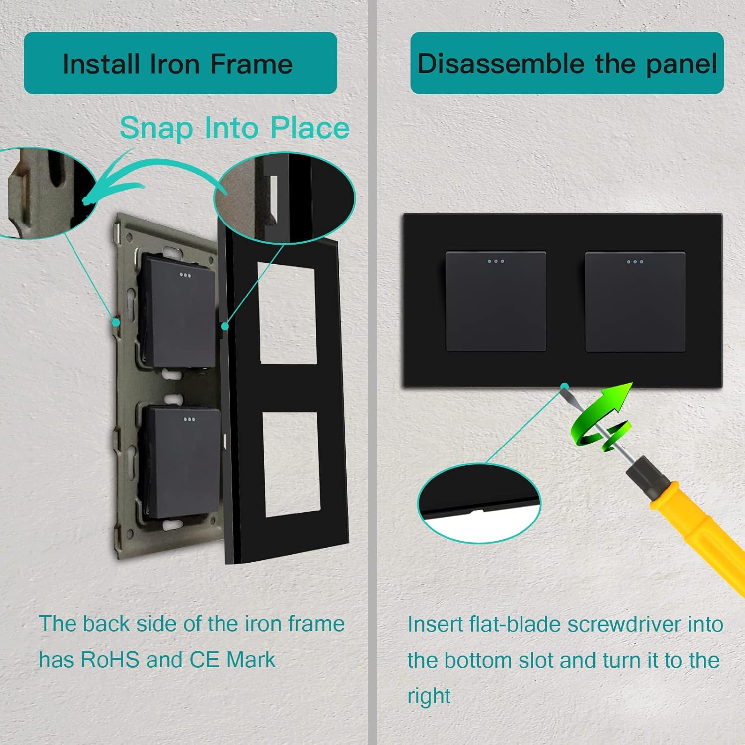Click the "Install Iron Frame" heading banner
(x=180, y=63)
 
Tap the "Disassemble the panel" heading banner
(x=567, y=63)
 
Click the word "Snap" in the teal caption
(x=156, y=129)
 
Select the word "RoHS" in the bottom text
(x=110, y=660)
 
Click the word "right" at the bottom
(x=429, y=696)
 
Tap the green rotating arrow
(x=601, y=417)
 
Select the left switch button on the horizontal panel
(x=496, y=301)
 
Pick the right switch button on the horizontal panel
(x=635, y=301)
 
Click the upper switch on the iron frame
(x=178, y=311)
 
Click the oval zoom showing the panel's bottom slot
(x=479, y=503)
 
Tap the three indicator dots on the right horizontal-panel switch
(x=635, y=262)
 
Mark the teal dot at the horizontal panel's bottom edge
(x=565, y=386)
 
